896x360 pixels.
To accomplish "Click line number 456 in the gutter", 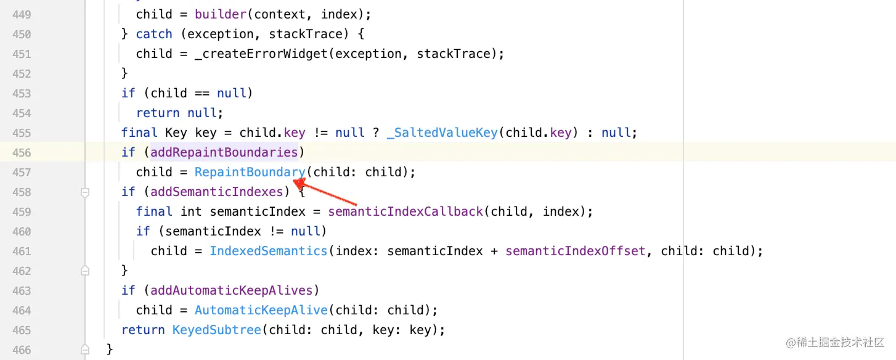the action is click(22, 152).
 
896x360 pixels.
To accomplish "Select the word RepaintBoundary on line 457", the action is click(250, 172).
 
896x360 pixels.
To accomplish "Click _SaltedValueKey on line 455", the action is click(442, 133).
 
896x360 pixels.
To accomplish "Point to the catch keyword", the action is click(154, 34).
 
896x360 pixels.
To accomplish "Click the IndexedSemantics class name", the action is click(268, 251).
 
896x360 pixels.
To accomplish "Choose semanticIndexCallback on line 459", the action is click(405, 211).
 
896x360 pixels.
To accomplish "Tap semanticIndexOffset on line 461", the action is click(576, 251).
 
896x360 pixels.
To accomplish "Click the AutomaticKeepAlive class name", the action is click(261, 310).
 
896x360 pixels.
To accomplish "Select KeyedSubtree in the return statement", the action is click(217, 330).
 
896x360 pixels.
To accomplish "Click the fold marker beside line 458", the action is click(85, 192).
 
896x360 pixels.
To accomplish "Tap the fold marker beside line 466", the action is click(85, 350).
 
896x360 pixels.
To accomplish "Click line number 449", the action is click(22, 14).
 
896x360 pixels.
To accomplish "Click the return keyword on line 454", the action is click(158, 113).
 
